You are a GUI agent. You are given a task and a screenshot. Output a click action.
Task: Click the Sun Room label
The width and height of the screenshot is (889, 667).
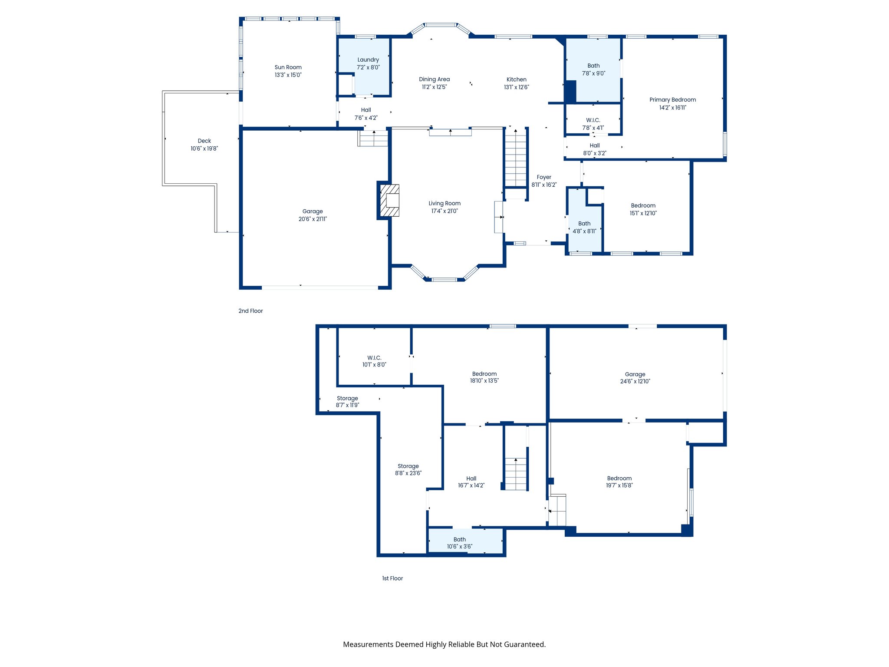(x=288, y=67)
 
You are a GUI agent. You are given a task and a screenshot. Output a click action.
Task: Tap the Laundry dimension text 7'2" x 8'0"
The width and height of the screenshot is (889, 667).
(x=368, y=67)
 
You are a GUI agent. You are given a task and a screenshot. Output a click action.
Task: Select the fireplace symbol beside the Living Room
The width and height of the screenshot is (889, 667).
(x=389, y=201)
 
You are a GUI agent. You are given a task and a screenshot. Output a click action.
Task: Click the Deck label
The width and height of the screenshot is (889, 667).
(x=204, y=141)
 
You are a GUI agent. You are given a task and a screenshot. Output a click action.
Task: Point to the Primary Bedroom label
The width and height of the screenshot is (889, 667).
(x=672, y=100)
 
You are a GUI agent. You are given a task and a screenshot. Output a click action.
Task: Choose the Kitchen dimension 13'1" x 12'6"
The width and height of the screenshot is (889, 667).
(x=516, y=87)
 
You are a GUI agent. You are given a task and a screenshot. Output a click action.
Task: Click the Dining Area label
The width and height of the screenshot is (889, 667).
(x=434, y=79)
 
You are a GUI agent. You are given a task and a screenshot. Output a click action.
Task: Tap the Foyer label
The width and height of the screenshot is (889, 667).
(x=544, y=177)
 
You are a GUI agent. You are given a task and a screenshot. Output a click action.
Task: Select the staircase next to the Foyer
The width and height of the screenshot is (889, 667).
(x=515, y=158)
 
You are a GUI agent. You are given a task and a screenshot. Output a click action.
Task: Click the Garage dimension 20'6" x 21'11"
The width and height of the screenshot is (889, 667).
(x=313, y=219)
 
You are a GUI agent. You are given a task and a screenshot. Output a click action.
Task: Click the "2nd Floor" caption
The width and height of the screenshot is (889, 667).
(x=250, y=311)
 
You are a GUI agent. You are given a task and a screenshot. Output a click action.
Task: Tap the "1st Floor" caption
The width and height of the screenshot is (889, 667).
(x=392, y=578)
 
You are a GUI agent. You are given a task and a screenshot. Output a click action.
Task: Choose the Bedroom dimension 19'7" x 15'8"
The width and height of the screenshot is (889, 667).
(x=619, y=485)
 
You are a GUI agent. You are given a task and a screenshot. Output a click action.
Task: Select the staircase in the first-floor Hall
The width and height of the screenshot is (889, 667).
(x=516, y=474)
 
